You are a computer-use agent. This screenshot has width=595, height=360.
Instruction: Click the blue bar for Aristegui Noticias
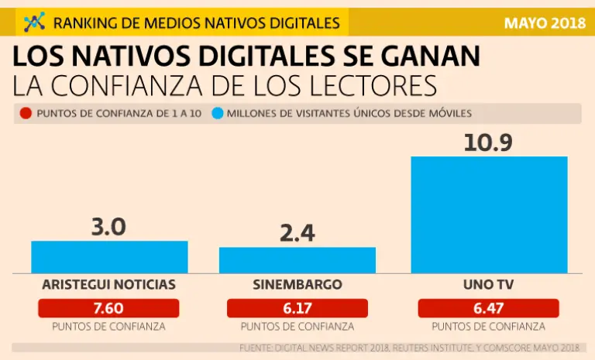[x=109, y=257]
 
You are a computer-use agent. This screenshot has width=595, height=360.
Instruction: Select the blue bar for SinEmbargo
[x=297, y=260]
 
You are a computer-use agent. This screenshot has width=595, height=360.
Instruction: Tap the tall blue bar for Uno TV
[x=489, y=214]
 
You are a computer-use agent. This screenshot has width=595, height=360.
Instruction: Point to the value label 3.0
[x=108, y=227]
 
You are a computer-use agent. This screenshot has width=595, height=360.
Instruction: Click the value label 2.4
[x=297, y=233]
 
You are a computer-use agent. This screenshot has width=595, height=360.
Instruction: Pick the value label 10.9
[x=488, y=142]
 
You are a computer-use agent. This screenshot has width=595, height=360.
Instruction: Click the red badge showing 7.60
[x=108, y=308]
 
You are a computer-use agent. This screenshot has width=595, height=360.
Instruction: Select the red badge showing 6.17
[x=297, y=308]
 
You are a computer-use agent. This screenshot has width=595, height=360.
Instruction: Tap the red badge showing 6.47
[x=488, y=308]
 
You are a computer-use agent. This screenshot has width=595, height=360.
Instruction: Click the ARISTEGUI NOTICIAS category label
[x=108, y=284]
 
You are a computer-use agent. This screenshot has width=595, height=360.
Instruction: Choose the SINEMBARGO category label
[x=297, y=284]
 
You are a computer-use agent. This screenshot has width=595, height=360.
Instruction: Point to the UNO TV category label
[x=488, y=284]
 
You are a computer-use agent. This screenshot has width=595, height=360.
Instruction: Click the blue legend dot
[x=218, y=114]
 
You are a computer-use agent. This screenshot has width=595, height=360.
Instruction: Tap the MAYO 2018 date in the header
[x=545, y=22]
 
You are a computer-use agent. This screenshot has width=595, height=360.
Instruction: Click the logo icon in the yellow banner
[x=34, y=22]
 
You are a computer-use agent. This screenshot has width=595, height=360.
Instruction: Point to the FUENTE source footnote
[x=409, y=347]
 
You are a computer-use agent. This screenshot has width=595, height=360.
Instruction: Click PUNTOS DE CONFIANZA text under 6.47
[x=488, y=327]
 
